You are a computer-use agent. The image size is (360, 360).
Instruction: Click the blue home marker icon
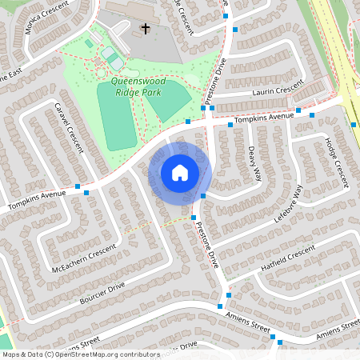pyautogui.click(x=180, y=173)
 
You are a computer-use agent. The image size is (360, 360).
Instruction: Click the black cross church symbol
pyautogui.click(x=146, y=29)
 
